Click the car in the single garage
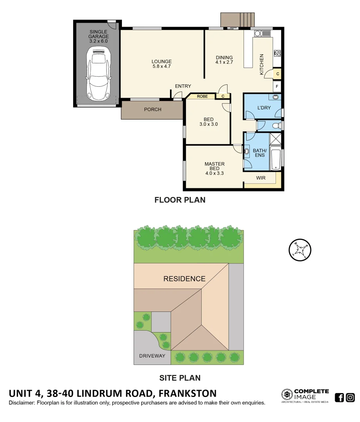coord(98,74)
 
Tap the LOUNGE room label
coord(161,64)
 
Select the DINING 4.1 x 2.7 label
coord(224,60)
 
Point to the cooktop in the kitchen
coord(278,53)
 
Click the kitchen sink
coord(260,33)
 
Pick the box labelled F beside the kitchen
coord(277,86)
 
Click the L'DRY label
coord(264,107)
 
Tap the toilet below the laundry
coord(276,126)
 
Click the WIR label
coord(261,178)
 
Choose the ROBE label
coord(202,96)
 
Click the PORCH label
coord(152,109)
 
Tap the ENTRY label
coord(183,86)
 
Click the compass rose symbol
coord(300,250)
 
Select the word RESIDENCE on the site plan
coord(184,279)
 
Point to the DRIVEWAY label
coord(152,356)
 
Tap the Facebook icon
coord(339,397)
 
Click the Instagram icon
coord(350,397)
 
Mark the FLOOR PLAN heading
coord(180,200)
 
